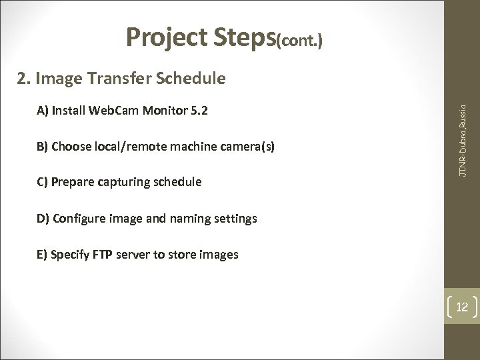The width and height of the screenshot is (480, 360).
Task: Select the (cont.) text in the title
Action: pos(300,43)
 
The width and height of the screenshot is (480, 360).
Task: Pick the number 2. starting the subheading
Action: pos(26,79)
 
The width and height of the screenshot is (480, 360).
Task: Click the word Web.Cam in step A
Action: pos(107,110)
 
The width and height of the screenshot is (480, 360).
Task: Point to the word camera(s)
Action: pos(250,146)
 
